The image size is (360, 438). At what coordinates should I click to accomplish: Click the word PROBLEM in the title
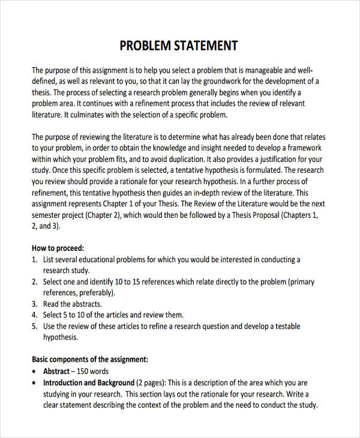(x=145, y=46)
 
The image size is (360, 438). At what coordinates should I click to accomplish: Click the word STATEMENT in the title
(x=206, y=46)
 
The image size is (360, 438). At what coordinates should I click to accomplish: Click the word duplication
(x=182, y=160)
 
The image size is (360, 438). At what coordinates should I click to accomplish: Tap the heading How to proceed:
(x=58, y=248)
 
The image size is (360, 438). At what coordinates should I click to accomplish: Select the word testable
(x=286, y=326)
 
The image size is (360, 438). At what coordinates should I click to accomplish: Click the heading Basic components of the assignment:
(x=89, y=359)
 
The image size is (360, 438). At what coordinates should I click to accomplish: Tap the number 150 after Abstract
(x=84, y=371)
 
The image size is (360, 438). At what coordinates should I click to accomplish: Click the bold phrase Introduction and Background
(x=89, y=383)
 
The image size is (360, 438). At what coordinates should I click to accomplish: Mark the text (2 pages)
(x=151, y=383)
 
